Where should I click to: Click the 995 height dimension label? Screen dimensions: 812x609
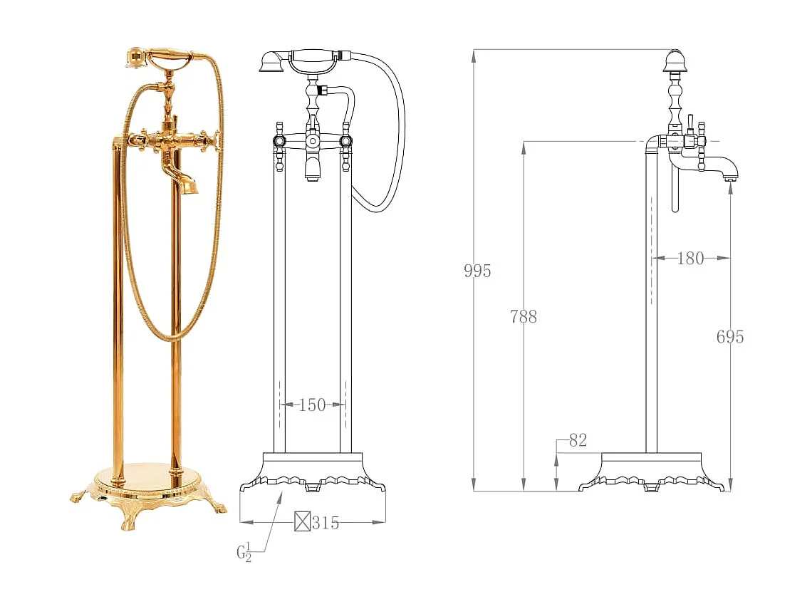coord(477,271)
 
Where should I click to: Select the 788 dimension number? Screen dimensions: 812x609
coord(523,316)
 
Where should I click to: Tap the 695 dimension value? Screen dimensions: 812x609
coord(729,337)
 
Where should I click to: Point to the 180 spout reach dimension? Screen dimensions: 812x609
coord(690,258)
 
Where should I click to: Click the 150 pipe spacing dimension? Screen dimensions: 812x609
coord(312,405)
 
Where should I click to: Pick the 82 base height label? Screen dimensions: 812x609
coord(578,440)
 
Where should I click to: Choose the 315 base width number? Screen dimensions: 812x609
coord(326,523)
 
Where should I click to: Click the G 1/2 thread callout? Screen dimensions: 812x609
coord(244,552)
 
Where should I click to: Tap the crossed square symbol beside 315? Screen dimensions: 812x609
coord(303,521)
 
